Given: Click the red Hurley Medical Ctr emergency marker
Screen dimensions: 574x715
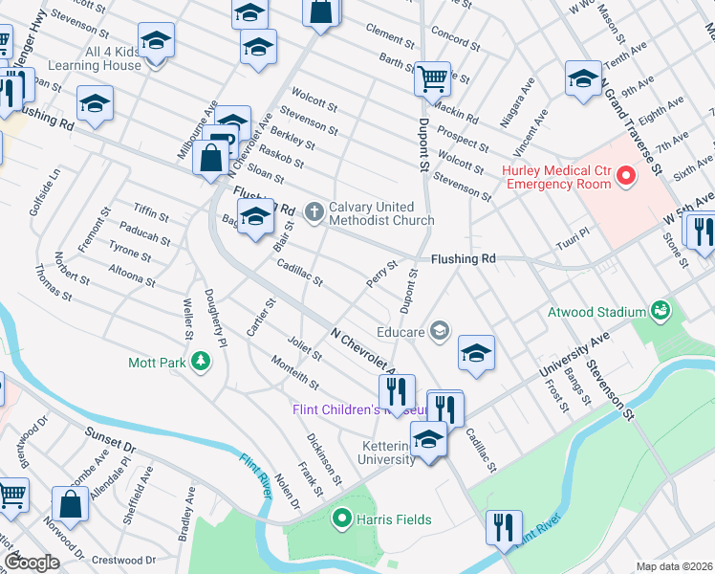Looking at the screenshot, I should click(x=626, y=175).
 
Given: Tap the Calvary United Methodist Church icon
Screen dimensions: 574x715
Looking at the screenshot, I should click(x=314, y=212).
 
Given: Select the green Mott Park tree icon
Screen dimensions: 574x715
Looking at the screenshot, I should click(x=200, y=362).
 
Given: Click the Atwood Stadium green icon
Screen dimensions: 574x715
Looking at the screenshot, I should click(x=660, y=311).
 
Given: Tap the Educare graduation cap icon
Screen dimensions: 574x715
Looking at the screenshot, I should click(x=439, y=330).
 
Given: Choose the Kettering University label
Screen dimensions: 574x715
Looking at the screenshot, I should click(x=375, y=453).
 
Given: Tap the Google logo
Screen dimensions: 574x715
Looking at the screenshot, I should click(x=32, y=562).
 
